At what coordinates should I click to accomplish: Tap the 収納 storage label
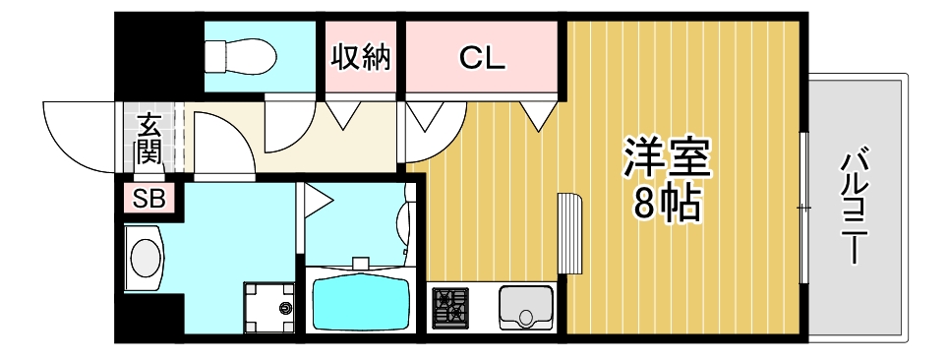tap(360, 58)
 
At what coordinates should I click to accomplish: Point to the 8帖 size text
tap(666, 204)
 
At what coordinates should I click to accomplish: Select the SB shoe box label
tap(149, 200)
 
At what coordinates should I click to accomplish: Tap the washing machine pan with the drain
tap(268, 307)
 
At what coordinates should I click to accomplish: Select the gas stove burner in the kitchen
tap(451, 307)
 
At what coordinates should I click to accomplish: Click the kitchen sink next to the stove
tap(525, 308)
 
